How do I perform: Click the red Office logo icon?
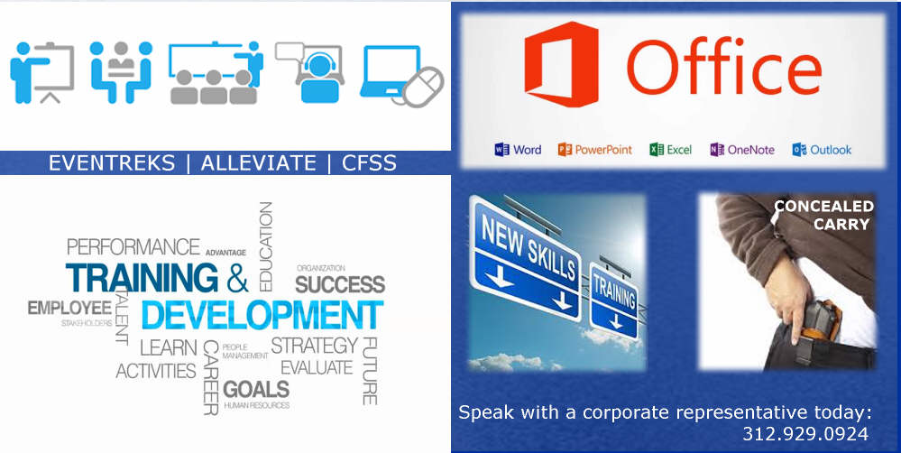click(x=561, y=64)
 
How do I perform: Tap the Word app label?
click(x=518, y=150)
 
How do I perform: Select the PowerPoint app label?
click(x=594, y=150)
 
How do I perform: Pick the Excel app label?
click(x=671, y=150)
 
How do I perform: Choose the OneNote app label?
click(x=742, y=150)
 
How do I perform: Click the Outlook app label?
click(x=822, y=150)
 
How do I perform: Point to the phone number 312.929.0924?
click(x=805, y=434)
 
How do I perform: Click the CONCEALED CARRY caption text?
click(x=823, y=215)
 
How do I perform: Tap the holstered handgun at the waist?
click(x=821, y=320)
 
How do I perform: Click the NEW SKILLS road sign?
click(x=524, y=257)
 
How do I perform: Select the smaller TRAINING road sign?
click(x=613, y=300)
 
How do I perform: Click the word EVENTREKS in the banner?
click(x=112, y=163)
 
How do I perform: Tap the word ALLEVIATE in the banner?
click(x=258, y=163)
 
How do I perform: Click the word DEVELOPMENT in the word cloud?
click(x=262, y=314)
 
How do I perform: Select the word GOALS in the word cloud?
click(x=256, y=389)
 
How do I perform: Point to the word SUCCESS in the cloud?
click(x=340, y=284)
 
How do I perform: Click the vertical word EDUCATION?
click(x=265, y=246)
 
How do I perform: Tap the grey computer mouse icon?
click(x=422, y=88)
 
